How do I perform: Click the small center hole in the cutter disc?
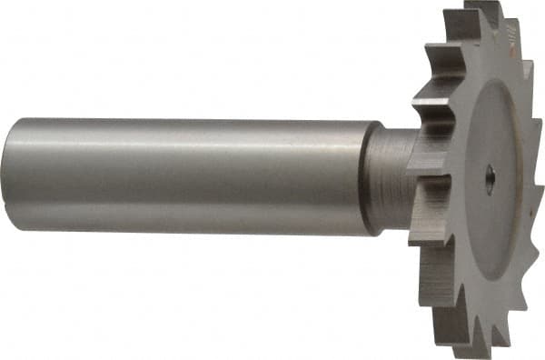pyautogui.click(x=489, y=179)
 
